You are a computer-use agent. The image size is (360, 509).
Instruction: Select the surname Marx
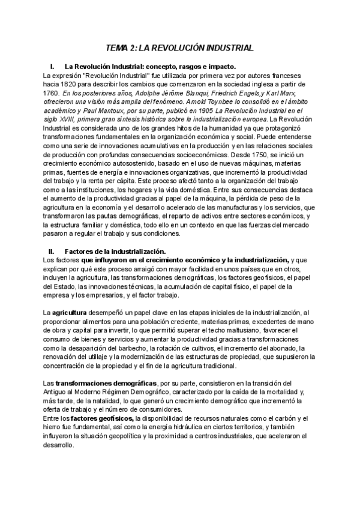click(x=289, y=94)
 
